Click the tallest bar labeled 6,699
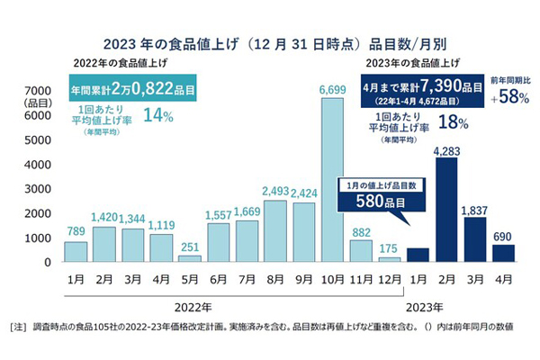[x=332, y=180]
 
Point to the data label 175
[x=390, y=248]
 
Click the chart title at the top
[x=270, y=40]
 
